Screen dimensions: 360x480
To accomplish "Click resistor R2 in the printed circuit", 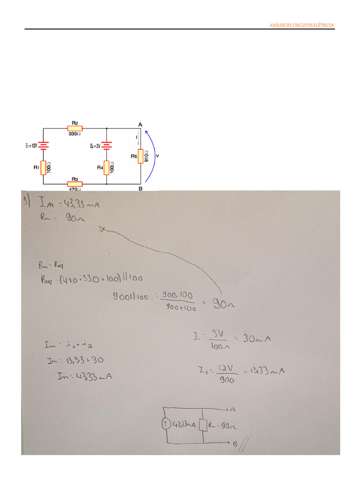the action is (75, 128).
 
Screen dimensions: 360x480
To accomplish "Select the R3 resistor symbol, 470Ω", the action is (75, 184).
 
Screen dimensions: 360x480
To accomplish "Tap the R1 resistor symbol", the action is (43, 167).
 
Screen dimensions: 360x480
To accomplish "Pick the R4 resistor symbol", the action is (106, 167).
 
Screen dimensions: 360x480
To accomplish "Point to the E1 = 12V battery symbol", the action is (43, 146).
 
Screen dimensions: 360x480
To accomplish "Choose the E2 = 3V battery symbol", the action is (106, 146).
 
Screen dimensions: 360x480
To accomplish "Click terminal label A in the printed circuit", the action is (140, 124).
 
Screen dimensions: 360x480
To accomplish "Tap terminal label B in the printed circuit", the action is (140, 188).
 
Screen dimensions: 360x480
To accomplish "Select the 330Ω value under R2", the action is (75, 134).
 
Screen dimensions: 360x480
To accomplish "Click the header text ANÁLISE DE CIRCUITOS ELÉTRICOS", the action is (302, 25).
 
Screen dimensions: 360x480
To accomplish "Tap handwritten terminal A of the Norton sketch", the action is (233, 409).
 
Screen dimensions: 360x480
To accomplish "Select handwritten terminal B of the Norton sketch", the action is (234, 442).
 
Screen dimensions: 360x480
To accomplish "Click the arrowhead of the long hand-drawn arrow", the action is (102, 229).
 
